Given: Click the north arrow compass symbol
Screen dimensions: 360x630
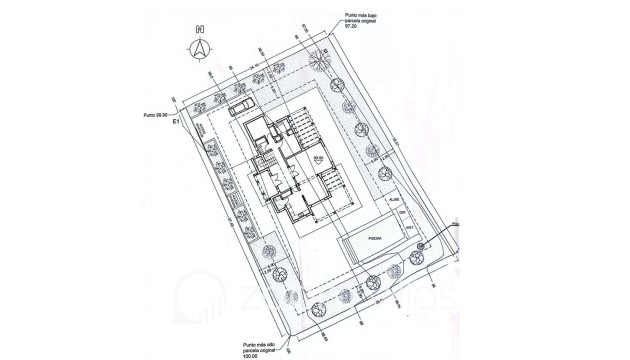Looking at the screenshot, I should pos(201,47).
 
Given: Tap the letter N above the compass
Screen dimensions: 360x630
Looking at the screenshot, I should pos(201,27).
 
